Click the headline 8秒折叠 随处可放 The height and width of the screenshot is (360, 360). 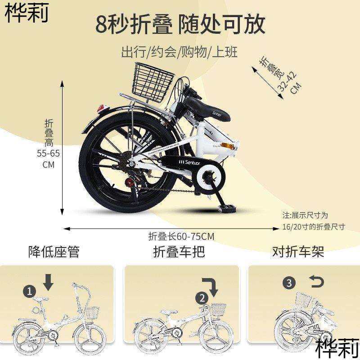[x=180, y=25]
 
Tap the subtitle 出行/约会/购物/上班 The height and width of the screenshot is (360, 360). [x=179, y=53]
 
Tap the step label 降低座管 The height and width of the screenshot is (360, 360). [x=54, y=252]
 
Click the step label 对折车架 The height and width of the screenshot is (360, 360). [x=298, y=252]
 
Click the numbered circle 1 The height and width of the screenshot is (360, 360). [x=30, y=291]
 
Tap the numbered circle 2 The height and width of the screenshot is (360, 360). [x=202, y=297]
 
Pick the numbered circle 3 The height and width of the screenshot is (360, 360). [x=289, y=283]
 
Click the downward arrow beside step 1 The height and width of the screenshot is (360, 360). [x=49, y=283]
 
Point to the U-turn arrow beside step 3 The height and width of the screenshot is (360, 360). [x=316, y=282]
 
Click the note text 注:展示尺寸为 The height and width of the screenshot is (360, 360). [x=306, y=216]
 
